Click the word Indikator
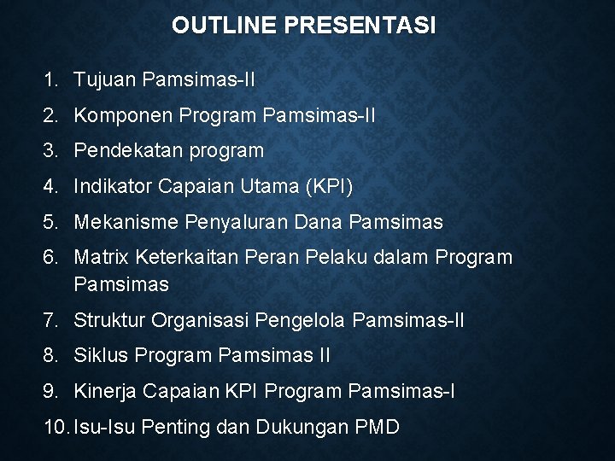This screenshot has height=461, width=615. click(x=110, y=186)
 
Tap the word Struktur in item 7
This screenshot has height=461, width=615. click(x=110, y=320)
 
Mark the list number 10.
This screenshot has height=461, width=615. click(x=56, y=426)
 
